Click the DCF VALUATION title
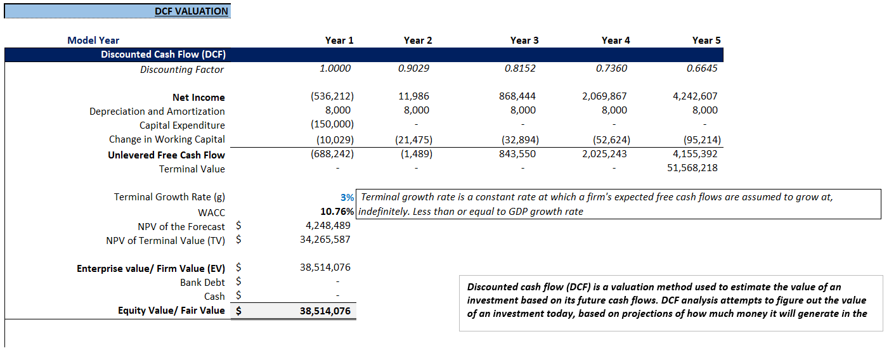coord(191,11)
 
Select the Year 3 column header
coord(524,41)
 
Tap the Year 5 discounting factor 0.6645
coord(702,68)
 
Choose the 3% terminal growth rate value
coord(347,198)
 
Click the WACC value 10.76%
coord(337,212)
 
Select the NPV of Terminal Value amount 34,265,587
coord(325,240)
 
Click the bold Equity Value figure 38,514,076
coord(325,311)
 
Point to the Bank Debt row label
coord(202,282)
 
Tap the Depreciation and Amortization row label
coord(157,111)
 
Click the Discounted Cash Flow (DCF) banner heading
coord(163,55)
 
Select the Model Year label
coord(93,41)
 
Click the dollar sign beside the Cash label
coord(238,297)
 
